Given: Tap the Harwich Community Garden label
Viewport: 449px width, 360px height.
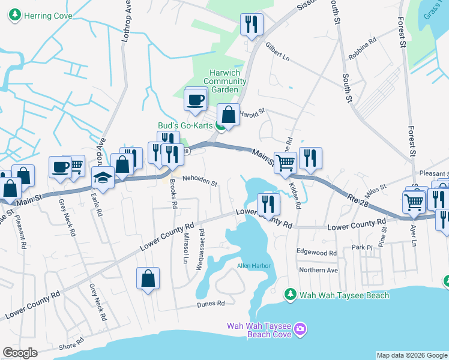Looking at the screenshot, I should coord(221,81).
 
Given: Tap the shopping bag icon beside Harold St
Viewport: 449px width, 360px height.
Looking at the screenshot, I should coord(229,115).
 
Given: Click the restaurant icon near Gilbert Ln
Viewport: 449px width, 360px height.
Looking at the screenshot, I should coord(252,25).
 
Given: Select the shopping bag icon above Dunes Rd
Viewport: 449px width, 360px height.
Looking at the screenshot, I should coord(148,279).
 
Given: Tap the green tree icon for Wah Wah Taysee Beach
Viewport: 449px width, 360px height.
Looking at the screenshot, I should coord(291,295).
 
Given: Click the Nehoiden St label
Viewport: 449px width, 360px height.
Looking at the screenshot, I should coord(200,179).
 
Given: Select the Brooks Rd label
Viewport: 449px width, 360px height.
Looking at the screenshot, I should coord(173,193).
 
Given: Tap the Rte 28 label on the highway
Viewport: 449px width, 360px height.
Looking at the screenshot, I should coord(357,199).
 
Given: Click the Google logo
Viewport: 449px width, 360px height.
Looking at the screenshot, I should coord(20,353).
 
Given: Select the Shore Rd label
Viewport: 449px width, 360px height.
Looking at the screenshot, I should coord(71,346).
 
